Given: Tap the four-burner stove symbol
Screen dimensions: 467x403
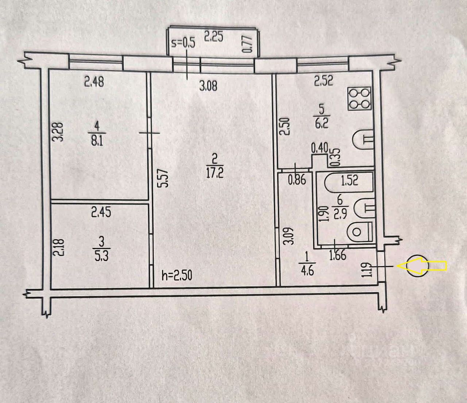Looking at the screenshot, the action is click(360, 99).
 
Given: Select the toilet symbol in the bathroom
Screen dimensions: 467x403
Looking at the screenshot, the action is click(360, 232).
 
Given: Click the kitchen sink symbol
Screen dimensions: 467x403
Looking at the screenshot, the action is click(362, 139).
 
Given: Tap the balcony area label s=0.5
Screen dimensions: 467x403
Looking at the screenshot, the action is click(183, 43).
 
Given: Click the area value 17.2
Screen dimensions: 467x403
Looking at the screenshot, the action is click(215, 174).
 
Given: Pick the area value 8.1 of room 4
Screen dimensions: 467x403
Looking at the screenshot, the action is click(97, 142).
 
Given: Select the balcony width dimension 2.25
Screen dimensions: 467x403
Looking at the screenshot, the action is click(213, 37).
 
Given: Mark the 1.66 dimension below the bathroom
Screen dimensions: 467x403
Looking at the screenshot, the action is click(338, 255).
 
